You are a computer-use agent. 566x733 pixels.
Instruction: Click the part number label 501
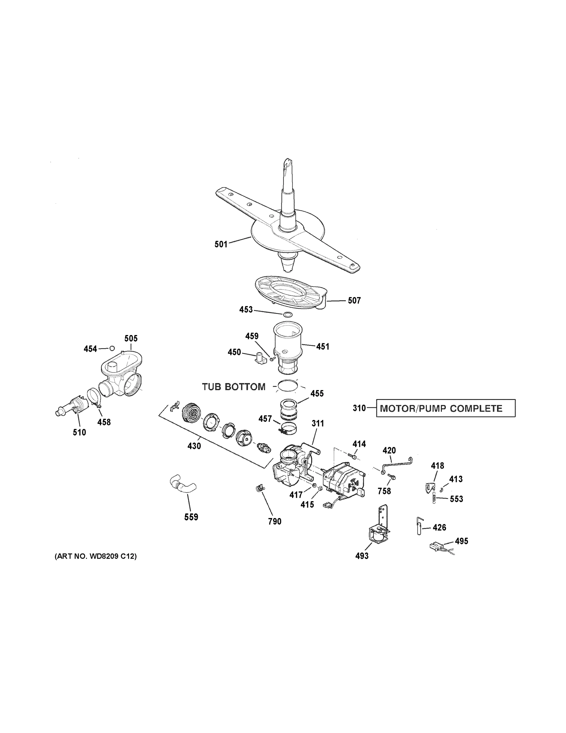(x=221, y=244)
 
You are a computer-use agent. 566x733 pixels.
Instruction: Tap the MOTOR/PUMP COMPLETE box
(x=445, y=408)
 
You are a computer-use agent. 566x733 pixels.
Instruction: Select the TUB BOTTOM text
(x=234, y=387)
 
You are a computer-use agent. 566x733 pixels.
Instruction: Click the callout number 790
(x=275, y=521)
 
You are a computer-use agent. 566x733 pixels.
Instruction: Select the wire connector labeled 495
(x=435, y=547)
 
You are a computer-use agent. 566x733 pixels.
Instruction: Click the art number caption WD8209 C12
(x=96, y=556)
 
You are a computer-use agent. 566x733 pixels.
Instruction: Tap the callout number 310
(x=359, y=408)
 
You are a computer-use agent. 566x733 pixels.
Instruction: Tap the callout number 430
(x=194, y=446)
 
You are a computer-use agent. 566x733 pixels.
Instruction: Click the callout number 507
(x=354, y=301)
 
